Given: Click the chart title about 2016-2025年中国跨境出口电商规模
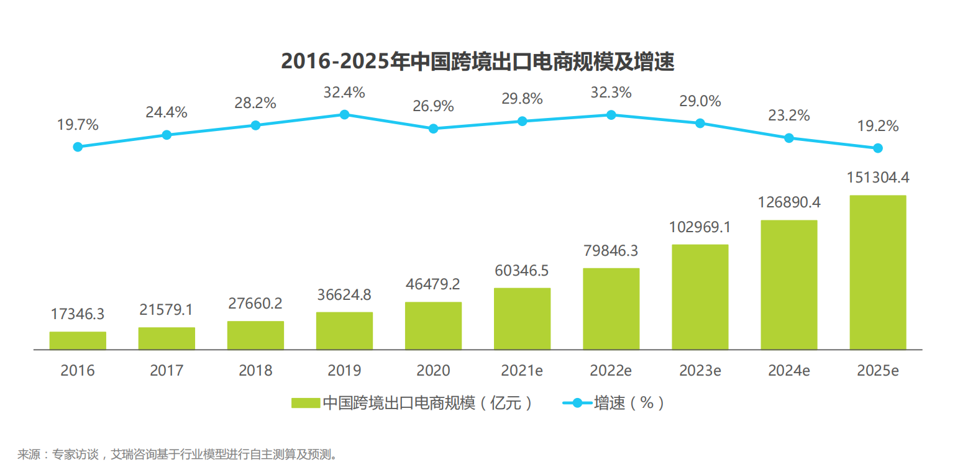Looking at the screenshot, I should [x=477, y=61].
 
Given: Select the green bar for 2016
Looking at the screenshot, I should [x=78, y=341].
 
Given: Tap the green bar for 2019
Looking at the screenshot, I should [x=344, y=331].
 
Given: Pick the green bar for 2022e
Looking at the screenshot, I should [x=611, y=309].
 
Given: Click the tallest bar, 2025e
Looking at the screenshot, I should [x=877, y=273].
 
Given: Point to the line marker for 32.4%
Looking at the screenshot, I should [x=344, y=114].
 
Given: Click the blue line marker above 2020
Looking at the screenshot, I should [x=433, y=129].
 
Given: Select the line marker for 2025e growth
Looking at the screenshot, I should [x=877, y=148].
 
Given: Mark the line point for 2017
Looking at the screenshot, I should [x=167, y=135].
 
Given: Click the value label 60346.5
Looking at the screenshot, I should [x=522, y=271].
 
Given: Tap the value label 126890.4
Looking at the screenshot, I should [x=788, y=202].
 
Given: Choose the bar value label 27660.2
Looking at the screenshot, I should [x=255, y=304].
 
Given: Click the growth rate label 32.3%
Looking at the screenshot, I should [x=611, y=93].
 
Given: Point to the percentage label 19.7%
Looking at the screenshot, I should [x=78, y=125].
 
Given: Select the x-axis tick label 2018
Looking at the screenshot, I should [x=255, y=371].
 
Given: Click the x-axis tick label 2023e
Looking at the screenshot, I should [x=700, y=371].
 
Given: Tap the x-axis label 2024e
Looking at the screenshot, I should [x=788, y=371].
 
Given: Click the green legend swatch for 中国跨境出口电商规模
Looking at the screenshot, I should [x=306, y=403].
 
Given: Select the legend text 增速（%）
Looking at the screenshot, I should [x=629, y=403].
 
